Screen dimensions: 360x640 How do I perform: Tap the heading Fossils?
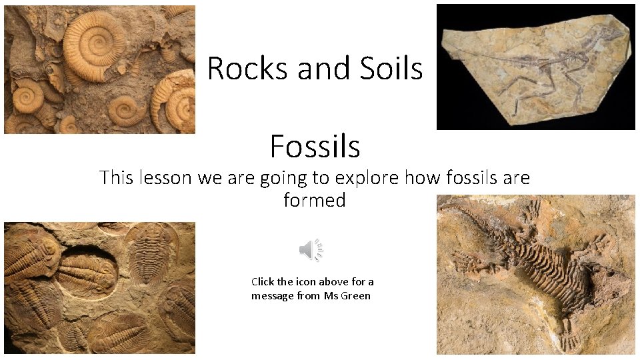coord(315,146)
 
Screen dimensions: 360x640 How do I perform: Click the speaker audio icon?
coord(311,250)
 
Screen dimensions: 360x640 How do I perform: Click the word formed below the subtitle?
coord(315,199)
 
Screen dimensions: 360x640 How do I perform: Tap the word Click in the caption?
coord(263,281)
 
